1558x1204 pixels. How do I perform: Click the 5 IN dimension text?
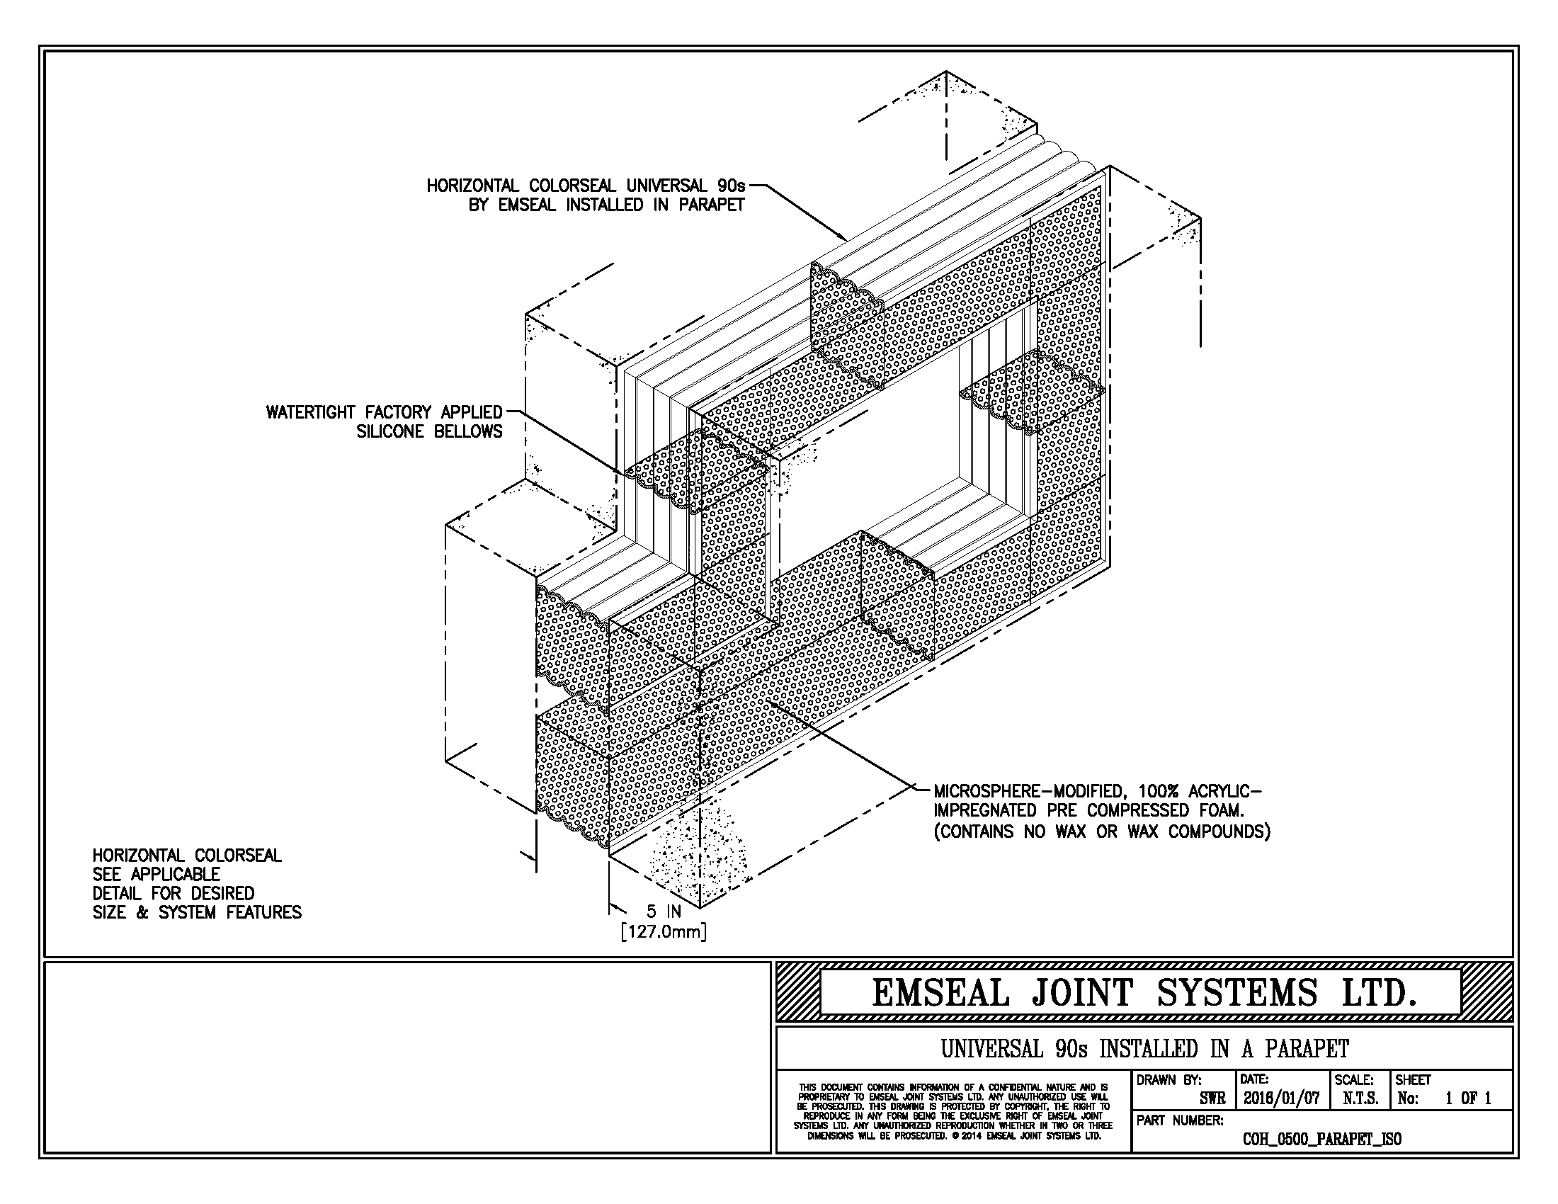pos(664,911)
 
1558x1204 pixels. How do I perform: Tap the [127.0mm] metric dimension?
pos(664,931)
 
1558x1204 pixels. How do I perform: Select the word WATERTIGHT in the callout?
pos(313,412)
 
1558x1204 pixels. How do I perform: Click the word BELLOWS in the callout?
pos(468,431)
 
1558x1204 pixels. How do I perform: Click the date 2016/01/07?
pos(1281,1098)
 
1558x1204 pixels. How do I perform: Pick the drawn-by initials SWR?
pos(1212,1098)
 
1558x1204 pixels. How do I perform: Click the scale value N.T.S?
pos(1360,1098)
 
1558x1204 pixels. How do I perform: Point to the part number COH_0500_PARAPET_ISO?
pos(1322,1139)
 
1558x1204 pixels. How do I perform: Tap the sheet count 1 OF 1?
pos(1468,1098)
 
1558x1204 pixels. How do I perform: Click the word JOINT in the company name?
pos(1072,993)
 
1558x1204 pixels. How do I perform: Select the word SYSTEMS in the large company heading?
pos(1236,993)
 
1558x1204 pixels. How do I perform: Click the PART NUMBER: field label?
pos(1180,1120)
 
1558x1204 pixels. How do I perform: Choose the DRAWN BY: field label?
pos(1168,1080)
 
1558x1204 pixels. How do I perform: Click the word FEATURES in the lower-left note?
pos(264,912)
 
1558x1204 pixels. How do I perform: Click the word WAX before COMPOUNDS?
pos(1144,831)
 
